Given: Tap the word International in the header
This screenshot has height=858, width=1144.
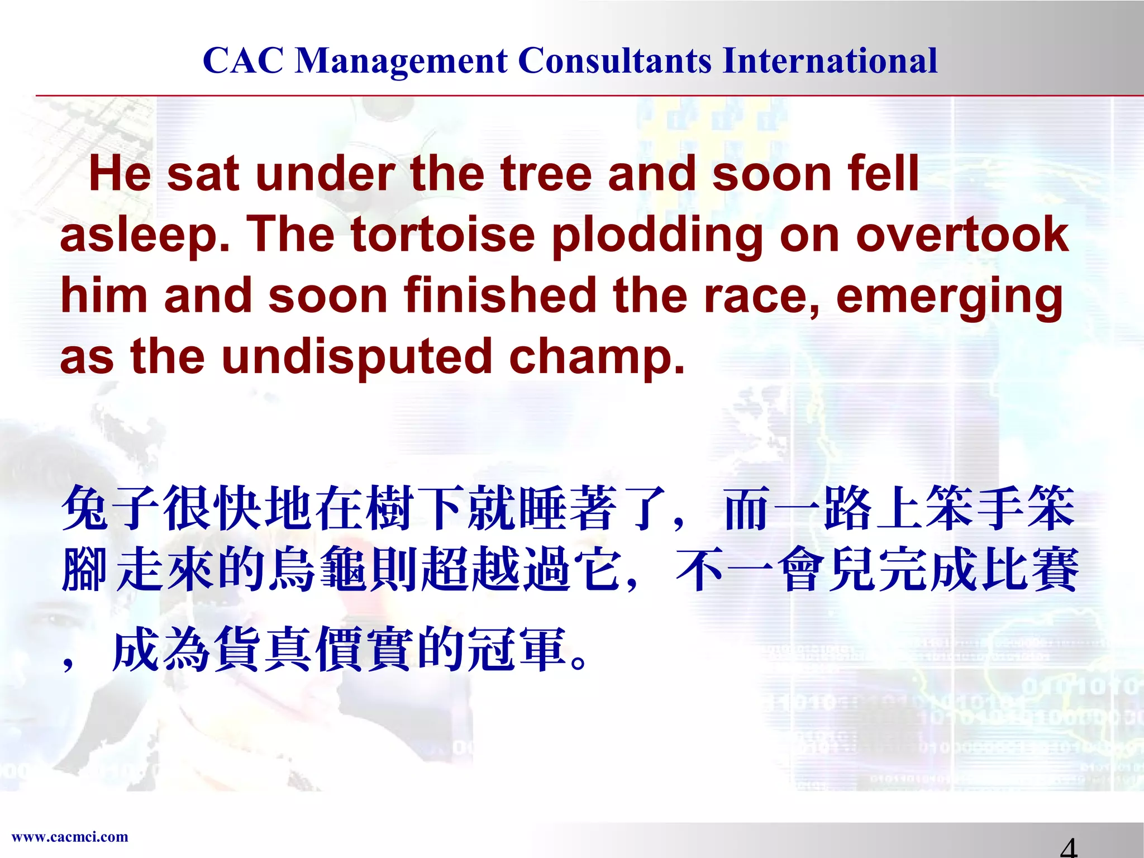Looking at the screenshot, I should [x=830, y=60].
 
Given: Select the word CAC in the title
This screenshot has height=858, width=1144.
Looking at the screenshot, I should [x=243, y=60].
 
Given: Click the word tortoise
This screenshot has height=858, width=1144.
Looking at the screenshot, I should [x=443, y=235].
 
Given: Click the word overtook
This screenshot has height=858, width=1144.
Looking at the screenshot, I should [x=962, y=235].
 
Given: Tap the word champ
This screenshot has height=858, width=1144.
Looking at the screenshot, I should [x=597, y=358].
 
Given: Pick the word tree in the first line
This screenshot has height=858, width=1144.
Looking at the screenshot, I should [x=546, y=174].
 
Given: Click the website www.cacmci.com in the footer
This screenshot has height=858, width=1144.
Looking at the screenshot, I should [x=70, y=837].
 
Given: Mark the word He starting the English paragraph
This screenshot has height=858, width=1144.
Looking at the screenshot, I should [x=120, y=174].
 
